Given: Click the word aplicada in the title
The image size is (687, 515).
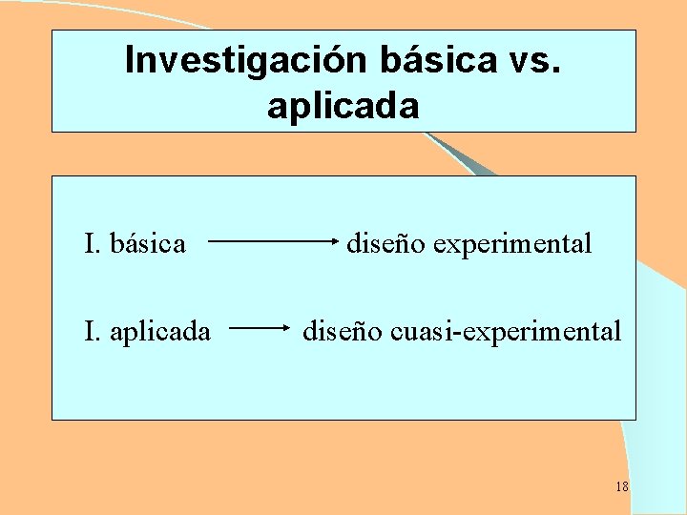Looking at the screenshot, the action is point(343,106).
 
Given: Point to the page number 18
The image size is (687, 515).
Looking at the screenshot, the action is point(621,487).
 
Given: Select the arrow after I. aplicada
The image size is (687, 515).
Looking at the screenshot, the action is point(260,327).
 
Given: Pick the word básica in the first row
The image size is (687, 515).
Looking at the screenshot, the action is point(148,244).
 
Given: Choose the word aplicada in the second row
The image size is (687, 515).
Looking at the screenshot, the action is point(160,332).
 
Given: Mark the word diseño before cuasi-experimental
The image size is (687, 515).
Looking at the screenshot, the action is point(342,332).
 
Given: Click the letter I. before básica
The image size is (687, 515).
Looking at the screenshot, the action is point(92,244).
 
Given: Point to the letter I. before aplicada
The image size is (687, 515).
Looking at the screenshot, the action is point(92,332).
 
